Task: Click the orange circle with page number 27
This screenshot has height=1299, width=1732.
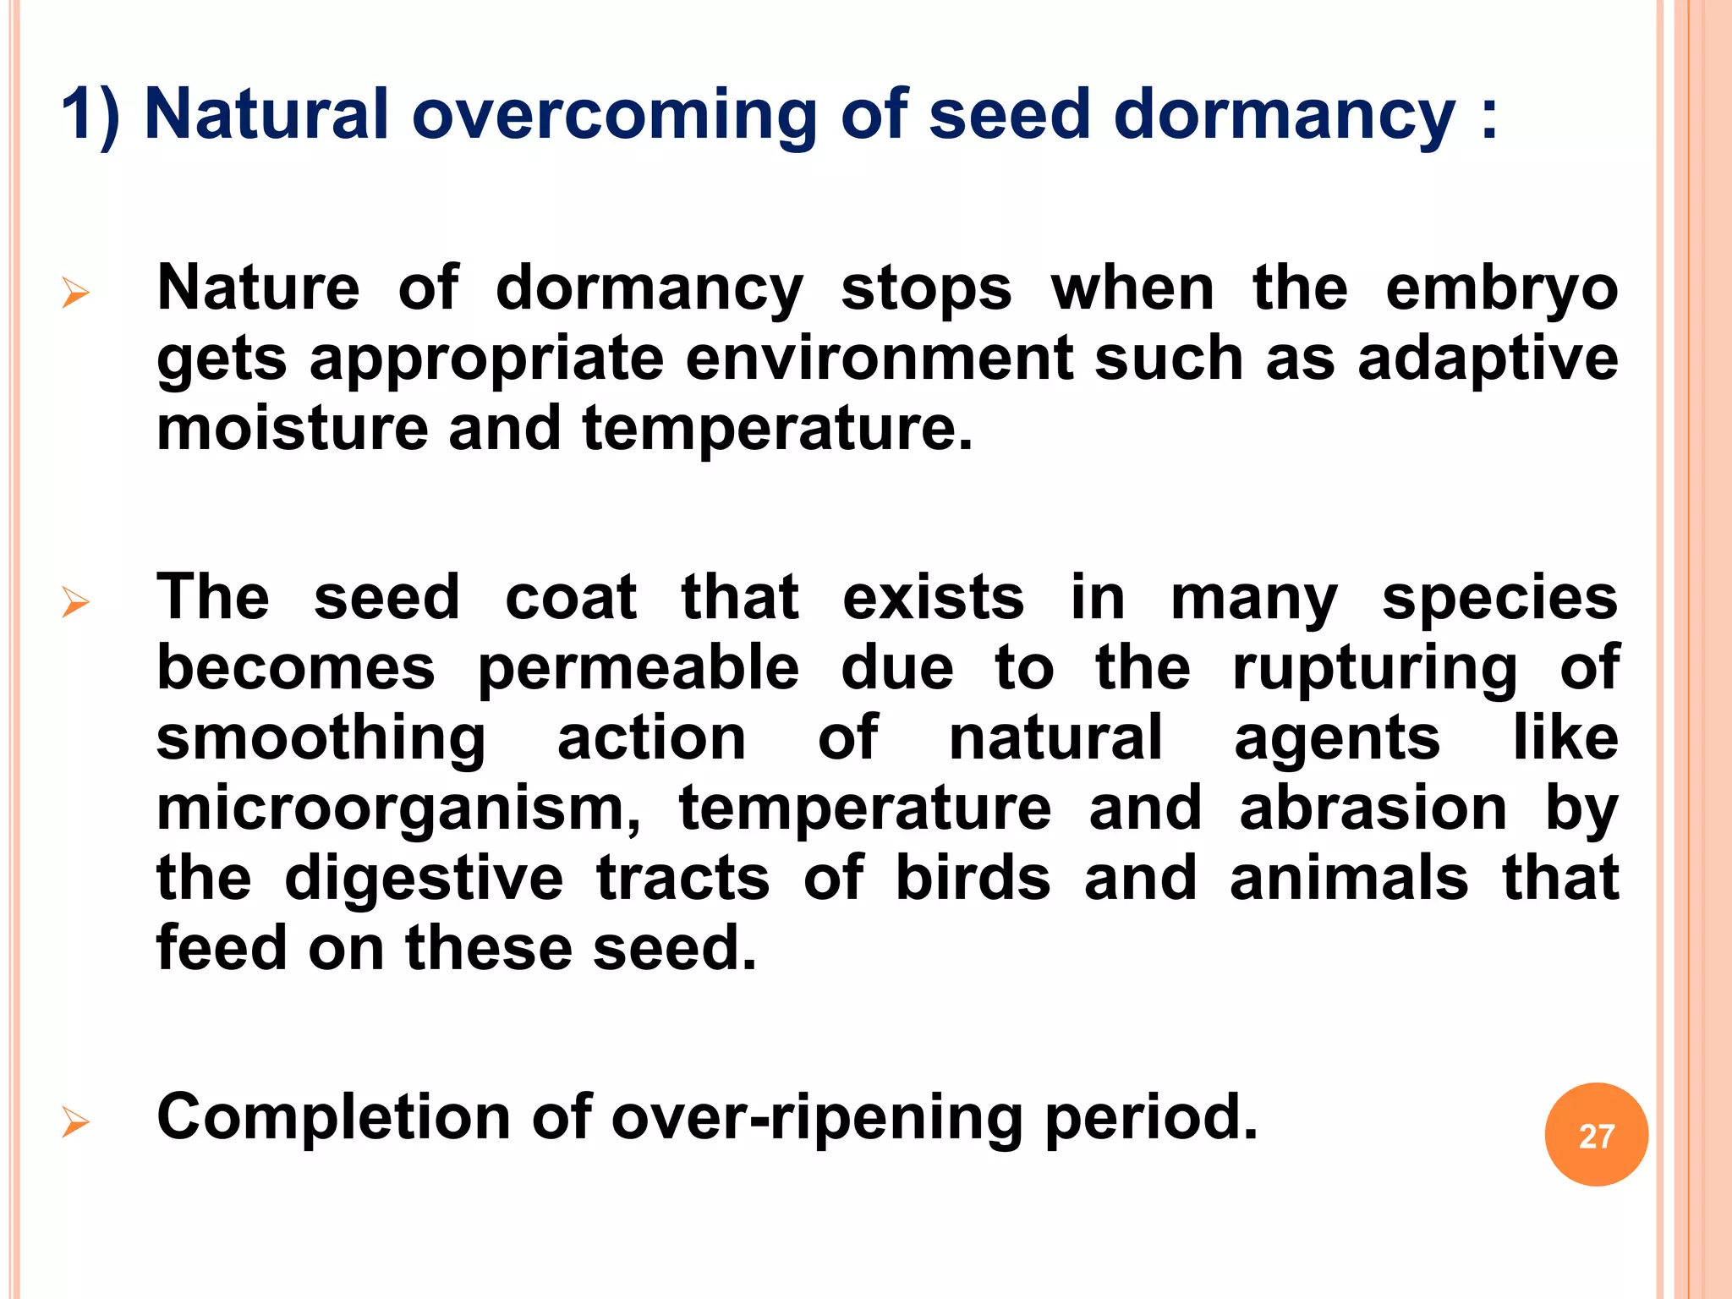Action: coord(1596,1135)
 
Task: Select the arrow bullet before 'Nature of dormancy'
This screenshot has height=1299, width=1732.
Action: coord(75,293)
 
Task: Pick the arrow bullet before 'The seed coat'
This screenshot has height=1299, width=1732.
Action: coord(75,603)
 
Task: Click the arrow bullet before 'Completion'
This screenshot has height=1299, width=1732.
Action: coord(75,1123)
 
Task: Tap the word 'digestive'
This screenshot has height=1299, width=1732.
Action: coord(424,880)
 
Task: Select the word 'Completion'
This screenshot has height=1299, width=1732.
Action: coord(333,1118)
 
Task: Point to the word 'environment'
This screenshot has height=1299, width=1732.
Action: coord(879,359)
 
